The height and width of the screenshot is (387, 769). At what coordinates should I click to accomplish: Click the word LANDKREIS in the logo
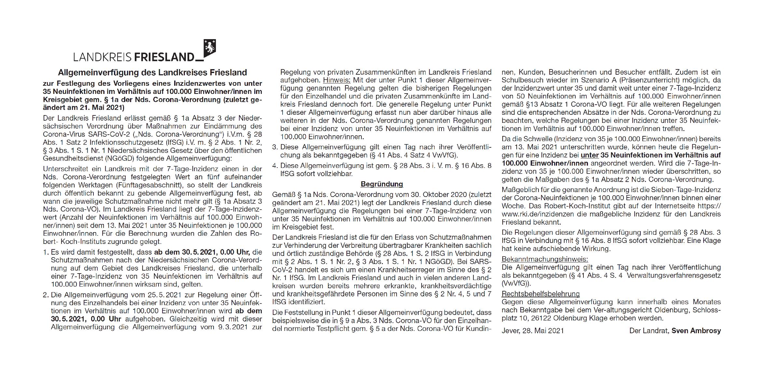102,57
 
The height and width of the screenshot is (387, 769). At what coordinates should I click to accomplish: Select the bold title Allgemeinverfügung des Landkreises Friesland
152,72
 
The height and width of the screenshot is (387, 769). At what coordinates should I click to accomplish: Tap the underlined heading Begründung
382,184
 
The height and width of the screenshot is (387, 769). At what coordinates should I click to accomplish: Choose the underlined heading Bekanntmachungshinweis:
545,260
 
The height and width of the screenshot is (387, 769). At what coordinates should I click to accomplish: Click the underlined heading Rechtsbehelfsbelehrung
540,294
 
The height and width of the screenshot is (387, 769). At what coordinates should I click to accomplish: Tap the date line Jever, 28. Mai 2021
533,331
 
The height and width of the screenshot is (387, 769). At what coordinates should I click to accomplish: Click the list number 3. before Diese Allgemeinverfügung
275,147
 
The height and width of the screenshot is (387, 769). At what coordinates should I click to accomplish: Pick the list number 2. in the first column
46,295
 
